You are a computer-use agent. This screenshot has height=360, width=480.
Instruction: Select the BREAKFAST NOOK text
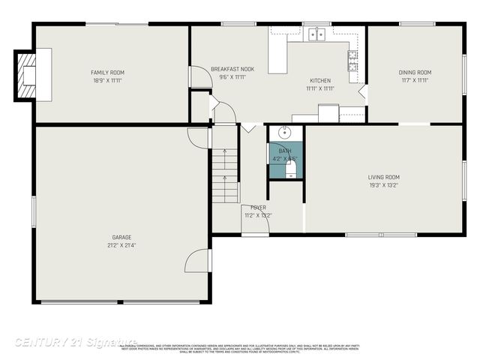pos(232,69)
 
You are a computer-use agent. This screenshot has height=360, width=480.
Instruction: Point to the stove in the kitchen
pos(352,60)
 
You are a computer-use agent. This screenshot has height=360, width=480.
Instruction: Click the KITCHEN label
pos(320,80)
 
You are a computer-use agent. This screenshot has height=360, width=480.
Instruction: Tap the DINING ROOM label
pos(415,73)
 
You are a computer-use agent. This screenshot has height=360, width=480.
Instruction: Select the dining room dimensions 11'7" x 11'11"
pos(415,79)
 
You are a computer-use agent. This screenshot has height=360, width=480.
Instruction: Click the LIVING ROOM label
pos(382,178)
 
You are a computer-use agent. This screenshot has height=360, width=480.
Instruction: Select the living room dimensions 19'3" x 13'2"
pos(382,185)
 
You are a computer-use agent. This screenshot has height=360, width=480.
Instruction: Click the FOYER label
pos(258,208)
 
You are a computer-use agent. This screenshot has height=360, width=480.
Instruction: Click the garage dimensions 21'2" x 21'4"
pos(120,245)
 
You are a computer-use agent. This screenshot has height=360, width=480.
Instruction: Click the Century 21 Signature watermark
pos(75,342)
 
